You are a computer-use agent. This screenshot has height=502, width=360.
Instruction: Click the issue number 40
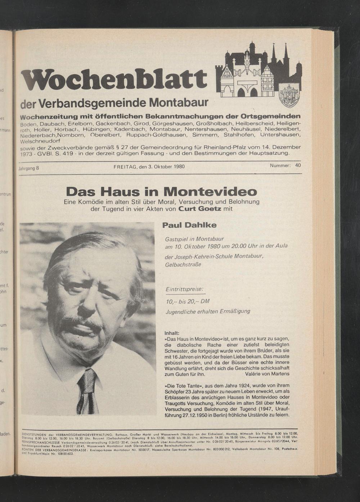pos(298,165)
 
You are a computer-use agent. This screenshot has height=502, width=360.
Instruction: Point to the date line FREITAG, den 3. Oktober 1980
pos(149,167)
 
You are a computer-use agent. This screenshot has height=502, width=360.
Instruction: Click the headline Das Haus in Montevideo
pos(162,191)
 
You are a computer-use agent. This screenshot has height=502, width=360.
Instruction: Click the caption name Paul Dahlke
pos(189,225)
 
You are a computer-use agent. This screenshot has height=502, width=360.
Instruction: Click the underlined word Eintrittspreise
pos(184,289)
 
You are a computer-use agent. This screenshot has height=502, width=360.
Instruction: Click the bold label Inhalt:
pos(172,333)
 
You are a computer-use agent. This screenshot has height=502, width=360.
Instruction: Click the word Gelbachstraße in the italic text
pos(183,265)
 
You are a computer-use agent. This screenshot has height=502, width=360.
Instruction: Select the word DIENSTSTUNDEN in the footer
pos(35,435)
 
